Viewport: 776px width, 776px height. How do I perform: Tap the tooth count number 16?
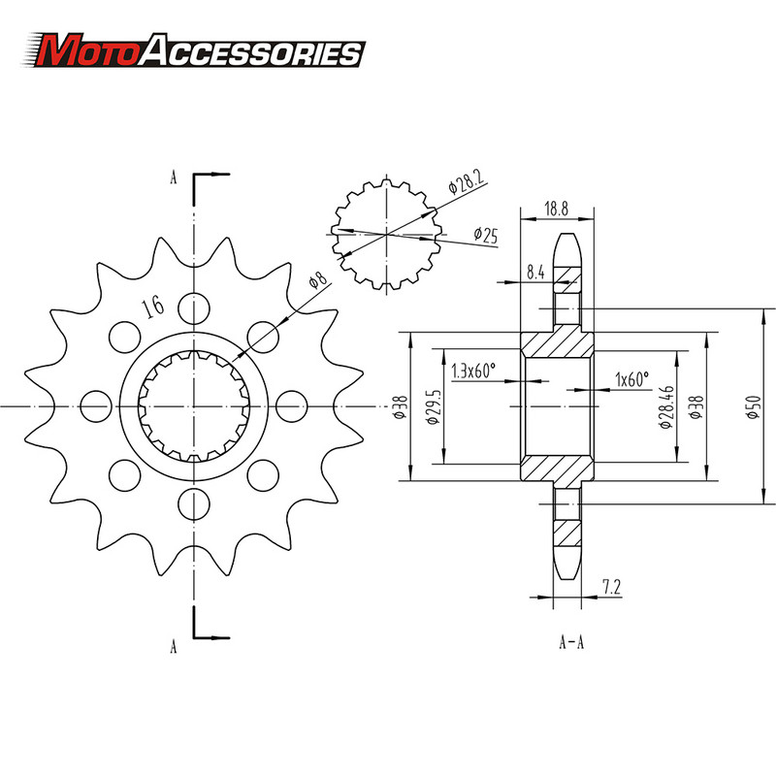151,307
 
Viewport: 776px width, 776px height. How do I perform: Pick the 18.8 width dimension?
556,208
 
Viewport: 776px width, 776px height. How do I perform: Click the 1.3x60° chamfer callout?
473,370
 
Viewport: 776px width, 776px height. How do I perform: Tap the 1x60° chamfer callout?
631,379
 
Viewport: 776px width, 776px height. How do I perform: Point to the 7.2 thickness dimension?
611,586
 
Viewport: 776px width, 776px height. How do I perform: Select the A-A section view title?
572,641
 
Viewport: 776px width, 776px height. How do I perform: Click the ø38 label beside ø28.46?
695,407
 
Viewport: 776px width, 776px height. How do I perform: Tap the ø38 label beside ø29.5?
401,407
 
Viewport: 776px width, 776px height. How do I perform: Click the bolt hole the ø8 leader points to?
263,335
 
